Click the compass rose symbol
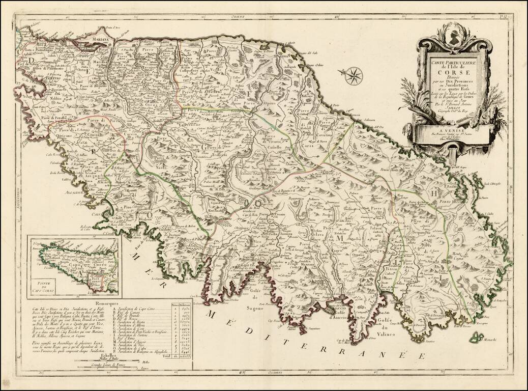click(x=353, y=76)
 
